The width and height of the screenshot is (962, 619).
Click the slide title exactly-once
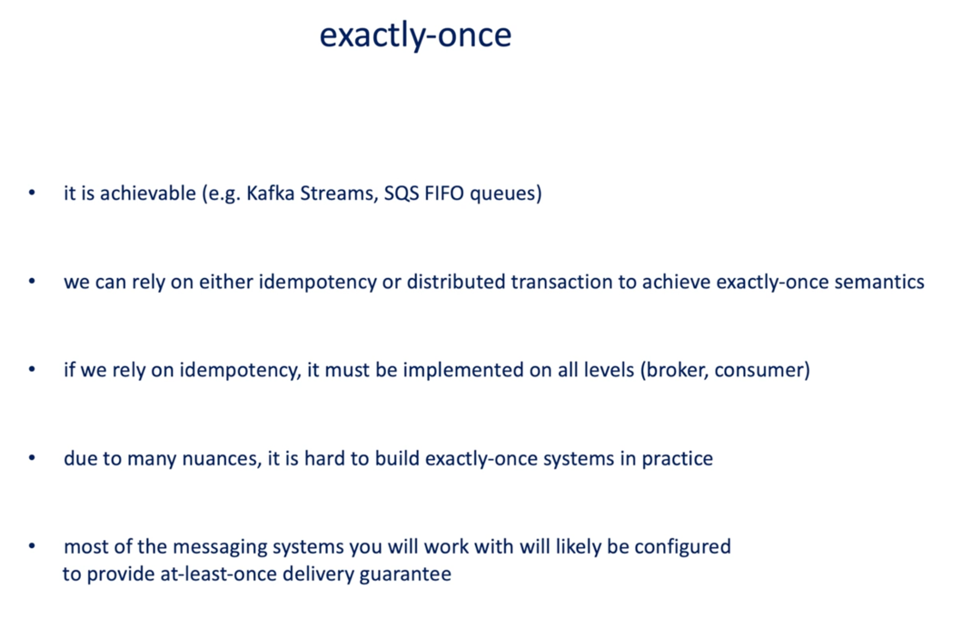pyautogui.click(x=415, y=35)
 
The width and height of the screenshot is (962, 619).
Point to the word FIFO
pyautogui.click(x=444, y=193)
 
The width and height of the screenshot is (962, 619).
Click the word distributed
pyautogui.click(x=456, y=281)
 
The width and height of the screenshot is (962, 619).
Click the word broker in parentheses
pyautogui.click(x=674, y=370)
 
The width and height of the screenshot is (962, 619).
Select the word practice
pyautogui.click(x=678, y=459)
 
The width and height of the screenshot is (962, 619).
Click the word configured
pyautogui.click(x=682, y=546)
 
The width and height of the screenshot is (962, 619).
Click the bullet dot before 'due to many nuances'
pyautogui.click(x=32, y=457)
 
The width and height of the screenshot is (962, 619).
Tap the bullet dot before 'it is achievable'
pyautogui.click(x=32, y=192)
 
